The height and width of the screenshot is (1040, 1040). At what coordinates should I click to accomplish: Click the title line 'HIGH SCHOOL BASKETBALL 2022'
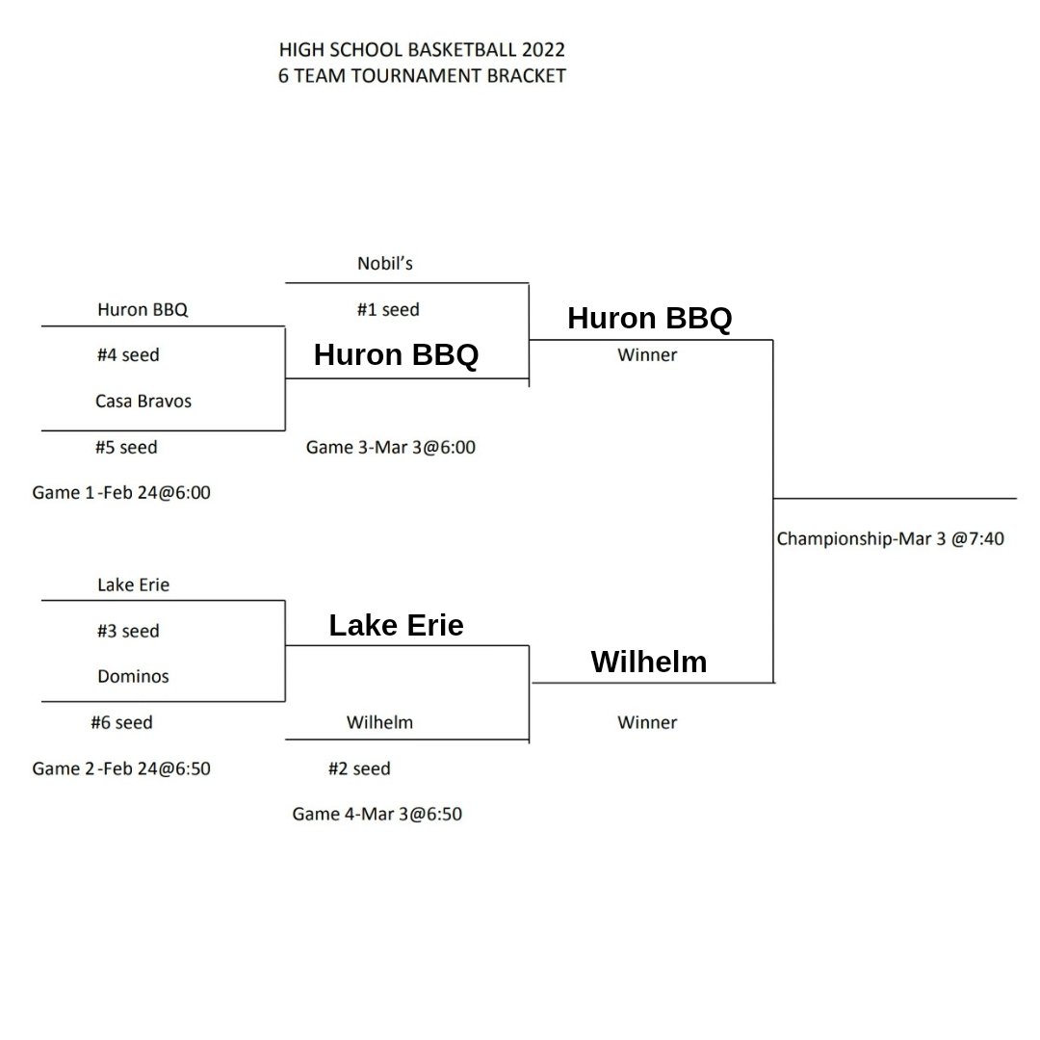421,50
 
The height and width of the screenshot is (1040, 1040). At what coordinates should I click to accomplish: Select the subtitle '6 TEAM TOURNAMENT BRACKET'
421,76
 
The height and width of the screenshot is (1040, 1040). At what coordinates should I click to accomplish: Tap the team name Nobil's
384,263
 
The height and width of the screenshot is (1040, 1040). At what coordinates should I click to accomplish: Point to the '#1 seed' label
387,310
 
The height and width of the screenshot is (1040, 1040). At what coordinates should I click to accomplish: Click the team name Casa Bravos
143,401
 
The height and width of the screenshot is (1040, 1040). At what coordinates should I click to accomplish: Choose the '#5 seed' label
126,447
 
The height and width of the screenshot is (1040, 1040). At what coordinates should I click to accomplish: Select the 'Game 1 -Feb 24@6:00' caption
121,493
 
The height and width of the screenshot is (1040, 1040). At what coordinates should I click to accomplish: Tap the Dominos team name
133,676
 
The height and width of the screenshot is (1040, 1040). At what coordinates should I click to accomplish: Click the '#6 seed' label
121,722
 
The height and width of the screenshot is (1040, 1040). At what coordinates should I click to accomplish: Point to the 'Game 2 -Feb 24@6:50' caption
121,768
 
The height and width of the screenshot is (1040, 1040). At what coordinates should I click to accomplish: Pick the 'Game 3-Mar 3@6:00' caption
391,447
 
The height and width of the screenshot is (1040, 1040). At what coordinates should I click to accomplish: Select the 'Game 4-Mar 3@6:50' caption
377,814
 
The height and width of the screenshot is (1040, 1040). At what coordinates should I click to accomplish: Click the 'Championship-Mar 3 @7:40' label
890,538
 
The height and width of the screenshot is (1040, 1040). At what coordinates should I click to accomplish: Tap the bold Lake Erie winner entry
396,626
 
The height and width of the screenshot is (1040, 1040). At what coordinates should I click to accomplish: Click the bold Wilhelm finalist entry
648,663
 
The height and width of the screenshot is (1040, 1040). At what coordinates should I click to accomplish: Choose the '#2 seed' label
359,768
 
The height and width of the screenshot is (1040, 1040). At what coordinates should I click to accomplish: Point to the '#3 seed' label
128,631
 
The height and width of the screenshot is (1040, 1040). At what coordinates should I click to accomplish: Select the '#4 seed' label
128,355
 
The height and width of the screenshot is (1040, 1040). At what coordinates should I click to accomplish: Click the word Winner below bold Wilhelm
647,722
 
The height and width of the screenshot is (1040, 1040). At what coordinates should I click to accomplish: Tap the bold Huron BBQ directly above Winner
649,319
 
